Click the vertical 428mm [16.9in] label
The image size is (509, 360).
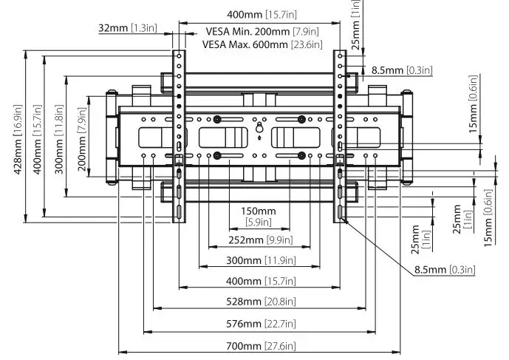18,137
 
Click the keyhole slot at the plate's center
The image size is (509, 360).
259,130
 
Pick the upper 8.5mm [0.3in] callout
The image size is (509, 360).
401,70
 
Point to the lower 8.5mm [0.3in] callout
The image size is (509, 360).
444,271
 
